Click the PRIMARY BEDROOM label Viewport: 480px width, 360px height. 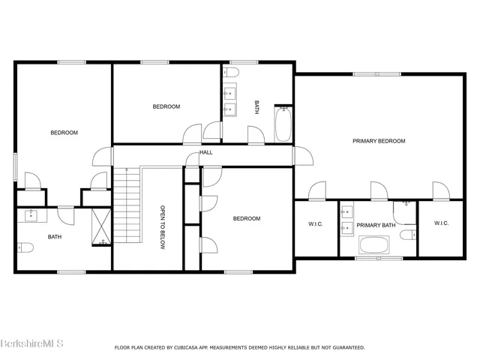click(379, 141)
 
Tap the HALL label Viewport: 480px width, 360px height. click(205, 153)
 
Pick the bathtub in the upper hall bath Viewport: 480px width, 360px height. click(283, 124)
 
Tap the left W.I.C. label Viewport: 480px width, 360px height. click(315, 224)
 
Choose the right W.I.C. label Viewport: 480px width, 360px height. click(441, 224)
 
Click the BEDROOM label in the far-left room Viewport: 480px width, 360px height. click(64, 133)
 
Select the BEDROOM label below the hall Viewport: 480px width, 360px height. click(246, 219)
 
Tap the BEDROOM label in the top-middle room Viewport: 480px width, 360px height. click(166, 106)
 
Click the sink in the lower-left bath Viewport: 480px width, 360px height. click(32, 216)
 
